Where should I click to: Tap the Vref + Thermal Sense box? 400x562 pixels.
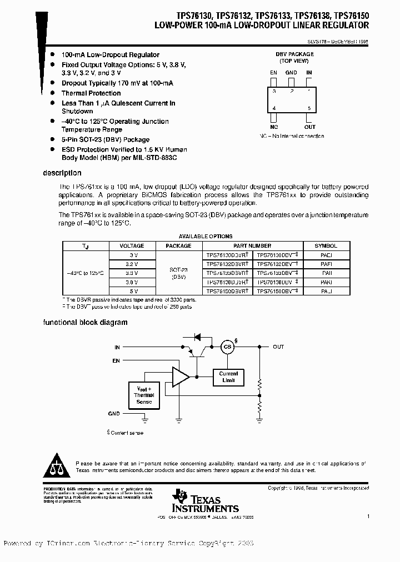[x=144, y=393]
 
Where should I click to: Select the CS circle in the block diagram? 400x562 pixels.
[x=227, y=347]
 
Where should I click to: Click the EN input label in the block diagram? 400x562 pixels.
[x=116, y=360]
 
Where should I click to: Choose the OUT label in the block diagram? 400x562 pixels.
[x=278, y=347]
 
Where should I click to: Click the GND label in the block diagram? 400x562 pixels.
[x=114, y=414]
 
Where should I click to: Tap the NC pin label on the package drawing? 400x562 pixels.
[x=273, y=127]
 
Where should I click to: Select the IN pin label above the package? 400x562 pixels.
[x=309, y=72]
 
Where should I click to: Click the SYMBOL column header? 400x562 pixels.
[x=326, y=245]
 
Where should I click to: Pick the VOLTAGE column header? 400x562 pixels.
[x=132, y=245]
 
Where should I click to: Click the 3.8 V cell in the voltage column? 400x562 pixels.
[x=132, y=282]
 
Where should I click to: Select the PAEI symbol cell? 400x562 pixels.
[x=326, y=254]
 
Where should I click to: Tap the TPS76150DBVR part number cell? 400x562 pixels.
[x=227, y=291]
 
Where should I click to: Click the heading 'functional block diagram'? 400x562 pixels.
[x=86, y=322]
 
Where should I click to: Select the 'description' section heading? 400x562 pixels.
[x=62, y=173]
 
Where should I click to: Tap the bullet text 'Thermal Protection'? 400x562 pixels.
[x=91, y=93]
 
